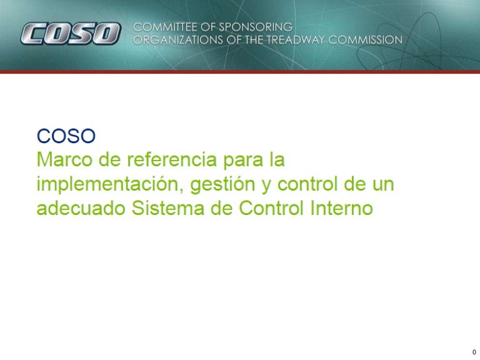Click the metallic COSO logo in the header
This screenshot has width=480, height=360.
tap(69, 34)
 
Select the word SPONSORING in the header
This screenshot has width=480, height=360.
tap(255, 27)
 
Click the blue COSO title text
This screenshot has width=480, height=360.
tap(65, 136)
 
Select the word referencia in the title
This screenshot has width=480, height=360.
tap(166, 160)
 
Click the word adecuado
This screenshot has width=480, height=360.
tap(81, 209)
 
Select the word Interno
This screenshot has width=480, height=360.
tap(341, 209)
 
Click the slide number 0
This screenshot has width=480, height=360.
tap(474, 352)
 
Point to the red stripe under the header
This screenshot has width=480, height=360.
tap(240, 72)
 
